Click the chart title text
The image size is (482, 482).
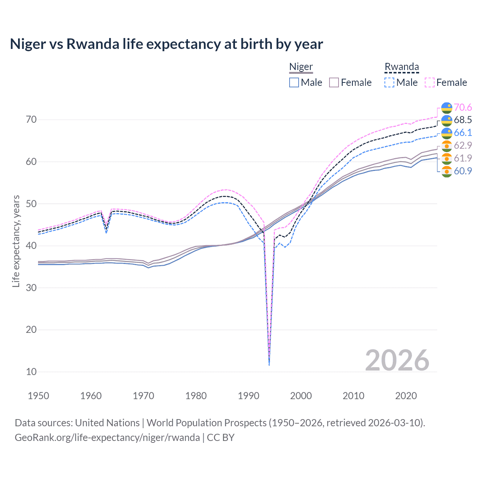tap(166, 44)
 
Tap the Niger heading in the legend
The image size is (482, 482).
tap(301, 67)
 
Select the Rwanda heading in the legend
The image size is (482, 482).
tap(401, 67)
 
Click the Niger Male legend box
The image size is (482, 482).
tap(294, 82)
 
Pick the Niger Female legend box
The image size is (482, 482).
tap(334, 82)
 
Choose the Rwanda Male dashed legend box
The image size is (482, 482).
tap(389, 82)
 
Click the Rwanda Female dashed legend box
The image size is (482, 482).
tap(430, 82)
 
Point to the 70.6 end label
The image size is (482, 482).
tap(463, 108)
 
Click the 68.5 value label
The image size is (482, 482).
tap(463, 120)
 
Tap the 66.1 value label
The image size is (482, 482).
tap(463, 133)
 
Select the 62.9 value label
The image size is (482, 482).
tap(463, 145)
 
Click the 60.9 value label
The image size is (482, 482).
tap(463, 171)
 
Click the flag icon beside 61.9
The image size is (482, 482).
tap(447, 159)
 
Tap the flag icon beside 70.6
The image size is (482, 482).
tap(447, 108)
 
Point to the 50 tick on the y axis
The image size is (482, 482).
tap(31, 204)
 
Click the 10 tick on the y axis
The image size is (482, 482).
tap(31, 372)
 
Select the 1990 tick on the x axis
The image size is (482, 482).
tap(248, 396)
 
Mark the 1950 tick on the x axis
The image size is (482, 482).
tap(38, 396)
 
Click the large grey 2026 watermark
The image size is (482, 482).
tap(397, 360)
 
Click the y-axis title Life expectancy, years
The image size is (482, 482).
tap(16, 241)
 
